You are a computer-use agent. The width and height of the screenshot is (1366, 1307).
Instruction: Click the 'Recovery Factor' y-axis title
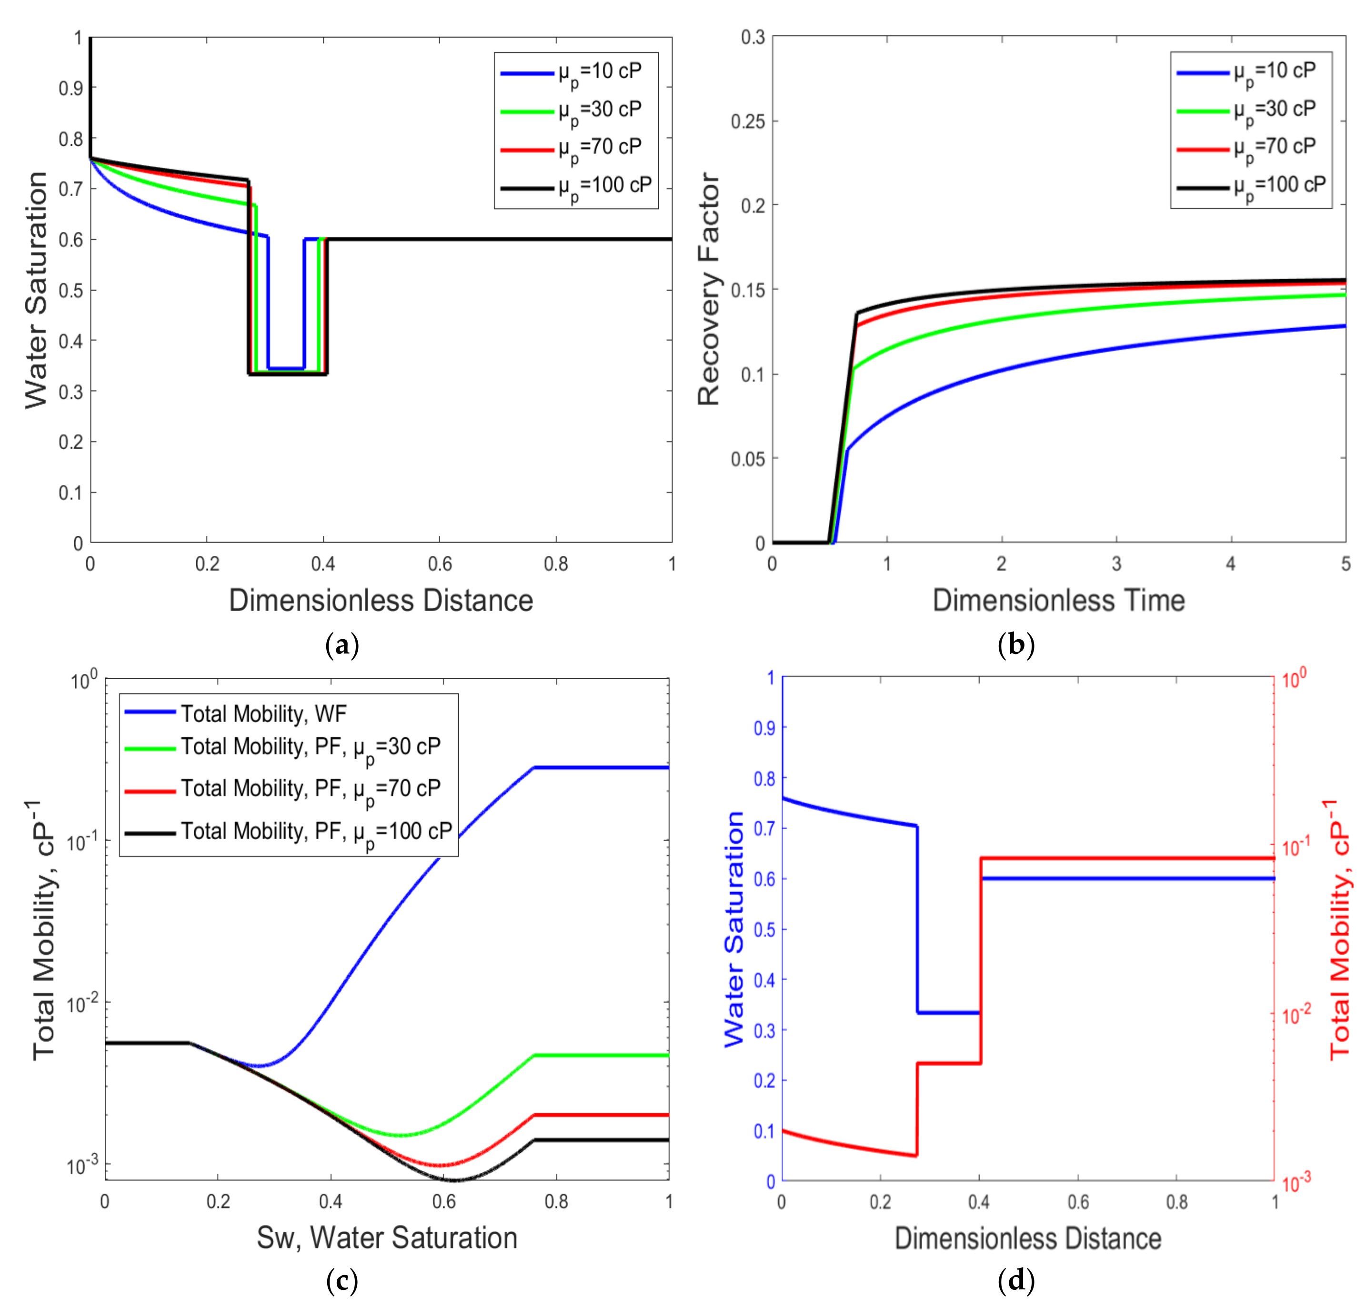(x=708, y=289)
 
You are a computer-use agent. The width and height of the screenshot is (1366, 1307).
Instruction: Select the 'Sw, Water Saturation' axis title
(x=387, y=1238)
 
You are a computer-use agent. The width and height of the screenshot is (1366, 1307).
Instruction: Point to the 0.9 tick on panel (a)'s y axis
(x=70, y=89)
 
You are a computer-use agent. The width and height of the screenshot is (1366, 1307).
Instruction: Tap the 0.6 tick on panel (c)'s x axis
(x=444, y=1202)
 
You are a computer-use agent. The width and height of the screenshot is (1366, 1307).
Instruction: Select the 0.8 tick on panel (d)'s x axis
(x=1176, y=1202)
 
